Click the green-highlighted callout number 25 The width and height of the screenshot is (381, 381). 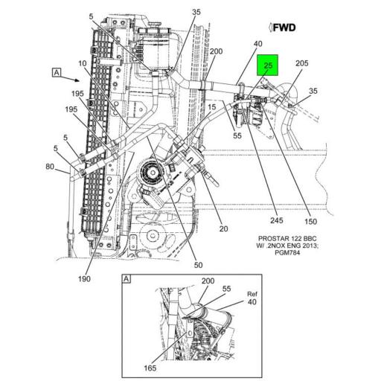point(269,65)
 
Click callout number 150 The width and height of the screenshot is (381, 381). point(311,221)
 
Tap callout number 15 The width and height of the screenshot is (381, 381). point(212,108)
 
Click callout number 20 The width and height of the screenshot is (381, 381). point(222,229)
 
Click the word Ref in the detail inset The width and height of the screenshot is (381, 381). point(251,294)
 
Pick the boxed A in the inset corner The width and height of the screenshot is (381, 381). point(126,278)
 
